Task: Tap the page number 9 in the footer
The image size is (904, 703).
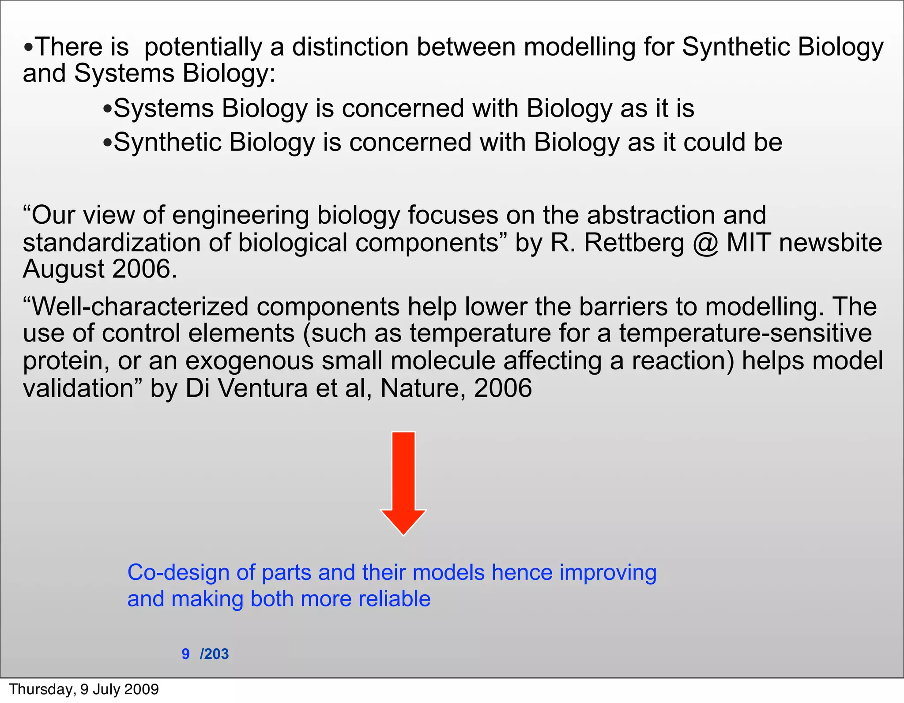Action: pos(186,654)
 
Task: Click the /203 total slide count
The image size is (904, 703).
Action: pos(215,654)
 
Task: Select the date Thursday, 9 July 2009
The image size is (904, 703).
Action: pos(84,689)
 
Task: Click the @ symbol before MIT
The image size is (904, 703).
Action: pos(705,243)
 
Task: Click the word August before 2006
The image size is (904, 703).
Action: pos(64,269)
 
